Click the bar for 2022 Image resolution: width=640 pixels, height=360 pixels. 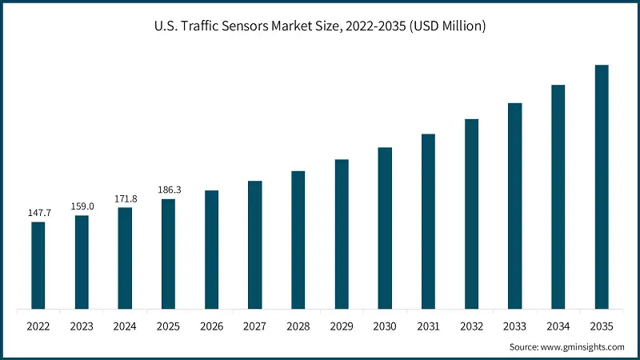pos(38,265)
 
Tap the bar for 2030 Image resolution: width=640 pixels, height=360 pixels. pos(385,228)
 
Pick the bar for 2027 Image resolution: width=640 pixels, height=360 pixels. pos(255,245)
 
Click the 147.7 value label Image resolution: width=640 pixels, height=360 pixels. pos(38,214)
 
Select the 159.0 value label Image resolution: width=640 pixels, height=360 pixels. pos(82,206)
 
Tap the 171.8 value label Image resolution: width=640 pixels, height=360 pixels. pos(125,198)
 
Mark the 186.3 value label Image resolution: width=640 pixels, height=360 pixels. pos(168,190)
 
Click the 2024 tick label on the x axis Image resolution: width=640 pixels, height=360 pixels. pos(125,326)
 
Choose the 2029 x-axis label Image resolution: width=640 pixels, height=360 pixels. pos(342,326)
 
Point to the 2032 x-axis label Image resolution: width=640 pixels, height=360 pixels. pos(472,326)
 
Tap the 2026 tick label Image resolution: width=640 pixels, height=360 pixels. pos(212,326)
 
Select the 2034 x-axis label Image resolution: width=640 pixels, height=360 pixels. pos(558,326)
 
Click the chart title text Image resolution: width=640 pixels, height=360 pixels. pos(320,26)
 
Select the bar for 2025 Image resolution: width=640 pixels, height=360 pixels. pos(168,254)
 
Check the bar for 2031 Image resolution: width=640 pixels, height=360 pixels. pos(429,221)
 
